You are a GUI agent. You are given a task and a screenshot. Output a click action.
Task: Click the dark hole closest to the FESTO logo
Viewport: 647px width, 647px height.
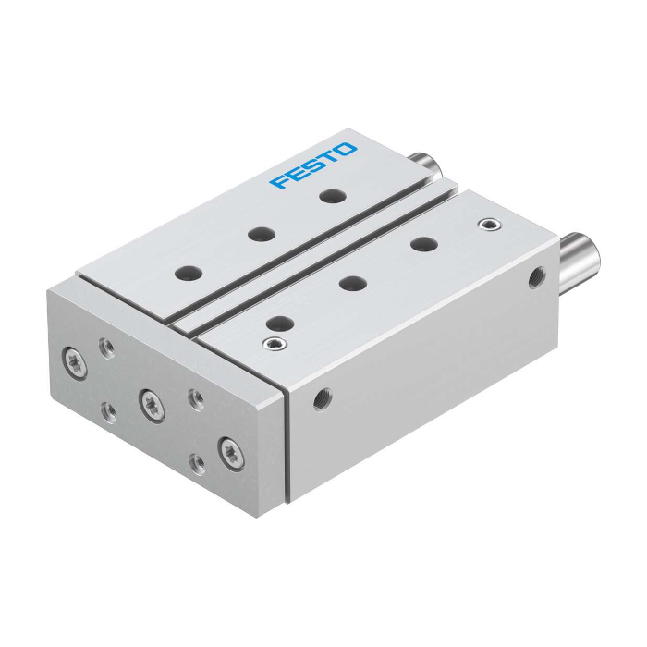(x=333, y=196)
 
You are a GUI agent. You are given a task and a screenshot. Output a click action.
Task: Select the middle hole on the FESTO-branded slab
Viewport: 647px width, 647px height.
(x=262, y=234)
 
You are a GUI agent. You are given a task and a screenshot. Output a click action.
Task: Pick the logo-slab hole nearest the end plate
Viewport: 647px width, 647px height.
(x=189, y=273)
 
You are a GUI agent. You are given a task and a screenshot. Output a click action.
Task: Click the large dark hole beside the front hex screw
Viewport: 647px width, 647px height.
(x=280, y=323)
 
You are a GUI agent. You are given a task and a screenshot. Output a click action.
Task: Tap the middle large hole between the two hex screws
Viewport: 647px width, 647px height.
(x=353, y=283)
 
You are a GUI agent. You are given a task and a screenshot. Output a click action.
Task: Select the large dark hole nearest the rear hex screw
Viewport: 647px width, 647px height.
(x=424, y=244)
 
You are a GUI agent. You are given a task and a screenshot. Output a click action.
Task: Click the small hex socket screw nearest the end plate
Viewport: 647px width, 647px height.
(x=275, y=343)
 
